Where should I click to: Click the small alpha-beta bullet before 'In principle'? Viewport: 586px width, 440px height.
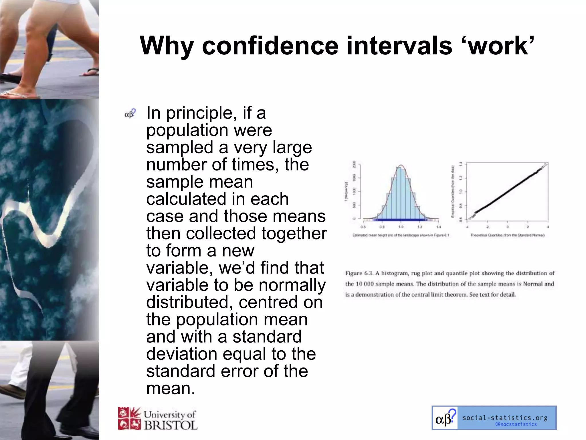click(x=130, y=114)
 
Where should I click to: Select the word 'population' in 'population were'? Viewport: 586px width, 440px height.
click(x=187, y=130)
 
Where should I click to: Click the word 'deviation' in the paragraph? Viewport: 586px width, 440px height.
click(x=182, y=354)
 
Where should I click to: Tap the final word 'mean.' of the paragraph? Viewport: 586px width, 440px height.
click(x=171, y=388)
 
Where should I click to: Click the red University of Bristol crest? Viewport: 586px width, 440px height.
click(x=129, y=419)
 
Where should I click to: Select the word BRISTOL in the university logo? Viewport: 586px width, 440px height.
click(x=171, y=425)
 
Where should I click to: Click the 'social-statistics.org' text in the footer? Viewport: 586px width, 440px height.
click(x=505, y=418)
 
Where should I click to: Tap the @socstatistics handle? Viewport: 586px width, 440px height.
click(x=516, y=424)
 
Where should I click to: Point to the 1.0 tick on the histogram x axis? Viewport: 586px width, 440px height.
click(x=401, y=227)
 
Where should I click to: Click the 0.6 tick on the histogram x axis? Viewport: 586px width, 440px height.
click(x=363, y=227)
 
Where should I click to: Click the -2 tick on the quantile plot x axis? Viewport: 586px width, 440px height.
click(x=487, y=227)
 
